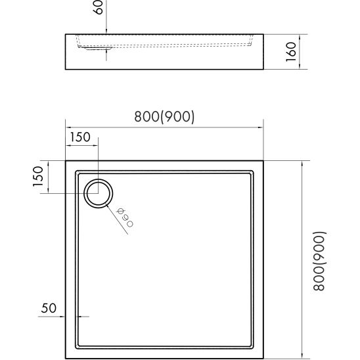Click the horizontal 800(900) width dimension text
pyautogui.click(x=164, y=116)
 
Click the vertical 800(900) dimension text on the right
pyautogui.click(x=319, y=261)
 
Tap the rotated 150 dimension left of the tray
pyautogui.click(x=39, y=175)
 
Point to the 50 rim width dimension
pyautogui.click(x=49, y=307)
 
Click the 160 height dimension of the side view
pyautogui.click(x=293, y=50)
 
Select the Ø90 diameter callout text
pyautogui.click(x=125, y=217)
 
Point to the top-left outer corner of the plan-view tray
pyautogui.click(x=66, y=160)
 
